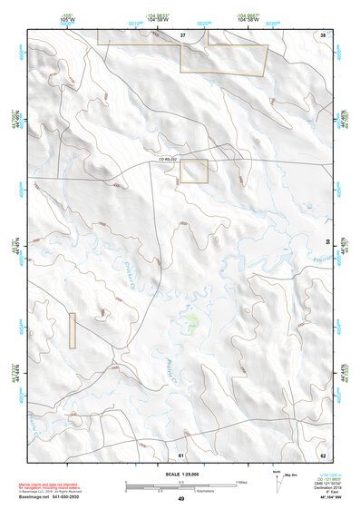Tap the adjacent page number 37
182,34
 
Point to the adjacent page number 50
327,240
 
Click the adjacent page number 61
181,454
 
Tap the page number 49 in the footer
180,499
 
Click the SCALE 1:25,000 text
180,474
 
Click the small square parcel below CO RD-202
193,171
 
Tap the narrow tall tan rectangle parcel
73,330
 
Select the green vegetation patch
190,320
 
